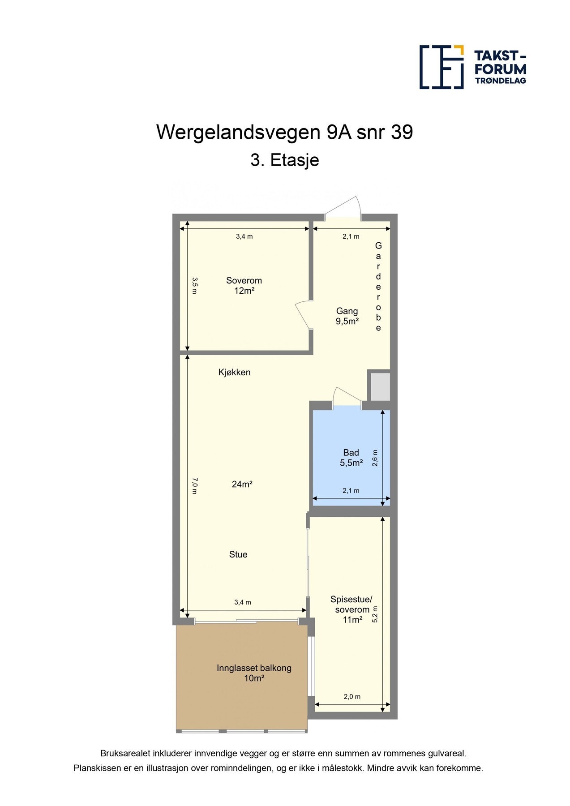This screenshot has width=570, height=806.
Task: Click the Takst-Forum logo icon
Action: click(441, 67)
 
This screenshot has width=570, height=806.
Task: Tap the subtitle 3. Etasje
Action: click(284, 160)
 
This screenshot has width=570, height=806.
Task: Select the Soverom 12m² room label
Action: click(244, 286)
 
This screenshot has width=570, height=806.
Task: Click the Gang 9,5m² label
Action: click(347, 316)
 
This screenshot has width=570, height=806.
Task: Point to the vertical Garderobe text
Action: click(378, 287)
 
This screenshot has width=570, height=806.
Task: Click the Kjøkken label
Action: click(234, 372)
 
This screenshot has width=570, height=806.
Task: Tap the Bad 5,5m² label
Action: click(351, 458)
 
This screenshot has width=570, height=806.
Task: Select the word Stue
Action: click(238, 554)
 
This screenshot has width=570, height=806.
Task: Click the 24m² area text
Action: click(242, 484)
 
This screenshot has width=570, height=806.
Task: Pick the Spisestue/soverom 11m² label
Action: click(351, 609)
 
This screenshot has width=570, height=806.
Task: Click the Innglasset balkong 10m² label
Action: click(254, 673)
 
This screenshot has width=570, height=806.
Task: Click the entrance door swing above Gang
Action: click(344, 208)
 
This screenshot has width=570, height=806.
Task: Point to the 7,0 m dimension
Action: click(194, 486)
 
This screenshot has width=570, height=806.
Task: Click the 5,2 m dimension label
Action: click(375, 614)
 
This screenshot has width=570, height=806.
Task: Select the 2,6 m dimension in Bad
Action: click(375, 458)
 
